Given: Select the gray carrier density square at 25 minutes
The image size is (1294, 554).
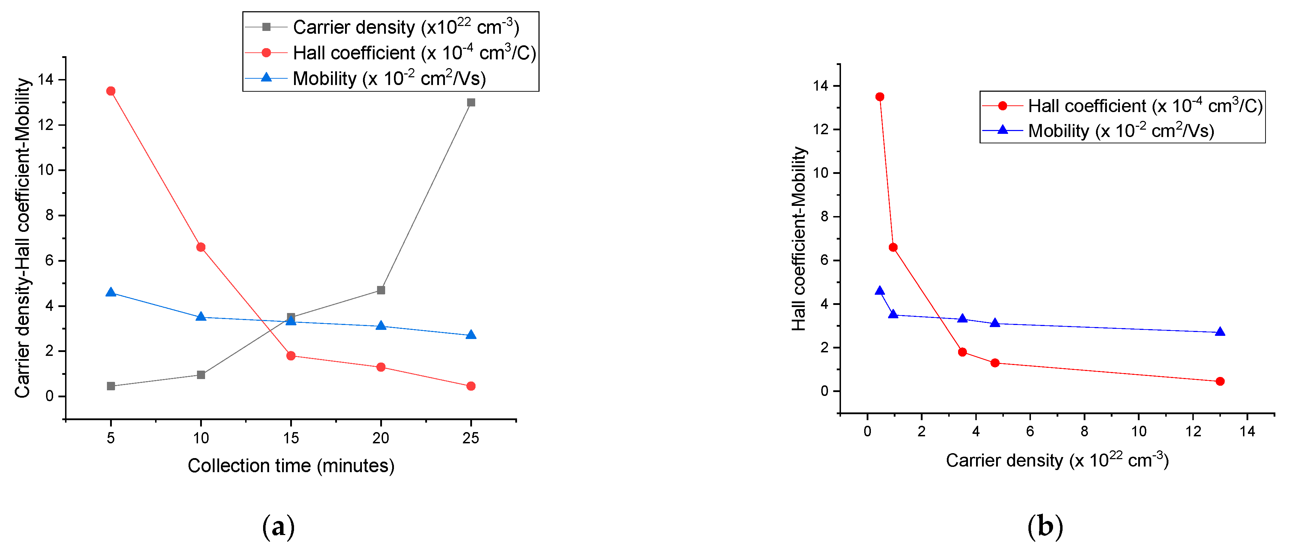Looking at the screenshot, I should [471, 102].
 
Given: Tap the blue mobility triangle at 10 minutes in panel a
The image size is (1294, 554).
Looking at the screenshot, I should [200, 316].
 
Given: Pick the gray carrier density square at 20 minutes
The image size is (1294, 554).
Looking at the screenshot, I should [381, 290].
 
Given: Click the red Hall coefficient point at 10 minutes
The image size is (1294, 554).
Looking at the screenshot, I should [200, 247].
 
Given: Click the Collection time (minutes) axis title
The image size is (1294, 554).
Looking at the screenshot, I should [291, 466].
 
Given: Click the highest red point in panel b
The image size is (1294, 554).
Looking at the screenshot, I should [880, 97].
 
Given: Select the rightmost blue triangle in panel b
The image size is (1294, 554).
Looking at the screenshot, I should [1220, 332].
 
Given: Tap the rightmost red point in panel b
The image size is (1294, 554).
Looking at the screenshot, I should [1220, 382].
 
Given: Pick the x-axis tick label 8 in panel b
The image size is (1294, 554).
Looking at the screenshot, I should [1084, 431].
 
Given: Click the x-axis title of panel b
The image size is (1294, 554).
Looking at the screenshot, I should [1057, 460].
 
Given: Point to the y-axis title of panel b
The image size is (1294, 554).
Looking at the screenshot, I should [799, 239].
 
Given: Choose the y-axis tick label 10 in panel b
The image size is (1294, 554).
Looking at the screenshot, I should [820, 173].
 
